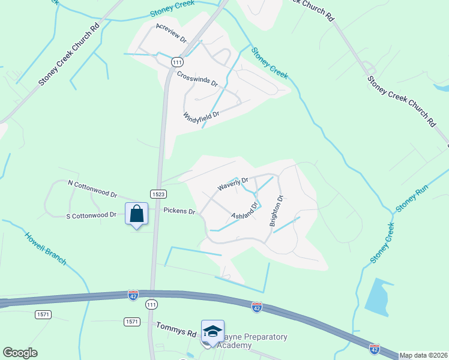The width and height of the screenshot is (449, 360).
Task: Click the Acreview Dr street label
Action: point(171,34)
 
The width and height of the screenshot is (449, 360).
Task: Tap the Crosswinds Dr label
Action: point(197,79)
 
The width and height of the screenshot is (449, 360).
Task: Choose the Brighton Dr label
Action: point(277,211)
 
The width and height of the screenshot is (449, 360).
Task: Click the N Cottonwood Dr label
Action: point(92,189)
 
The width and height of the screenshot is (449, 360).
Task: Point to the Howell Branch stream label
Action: point(46,248)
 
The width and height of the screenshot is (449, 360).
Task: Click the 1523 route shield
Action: point(158,194)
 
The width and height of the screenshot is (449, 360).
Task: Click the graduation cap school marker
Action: point(212,331)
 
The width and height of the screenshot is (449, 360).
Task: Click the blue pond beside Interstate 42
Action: point(376,296)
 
